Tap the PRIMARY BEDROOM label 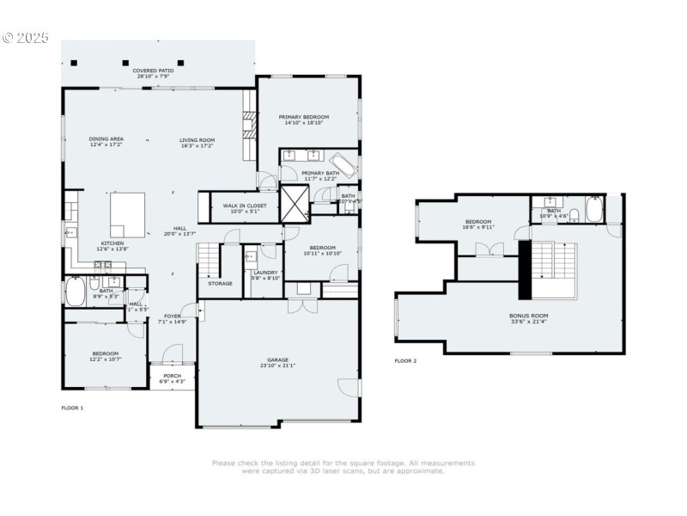click(304, 117)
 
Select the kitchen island click(128, 212)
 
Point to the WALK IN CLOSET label click(245, 206)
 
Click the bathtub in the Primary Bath click(344, 163)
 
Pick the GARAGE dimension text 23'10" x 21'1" click(277, 365)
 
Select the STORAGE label click(220, 283)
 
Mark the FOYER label click(173, 316)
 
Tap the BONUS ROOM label click(528, 316)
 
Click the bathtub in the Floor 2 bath click(594, 211)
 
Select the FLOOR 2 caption click(405, 360)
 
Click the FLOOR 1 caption click(72, 407)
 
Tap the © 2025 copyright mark click(26, 38)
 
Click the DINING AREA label click(106, 139)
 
